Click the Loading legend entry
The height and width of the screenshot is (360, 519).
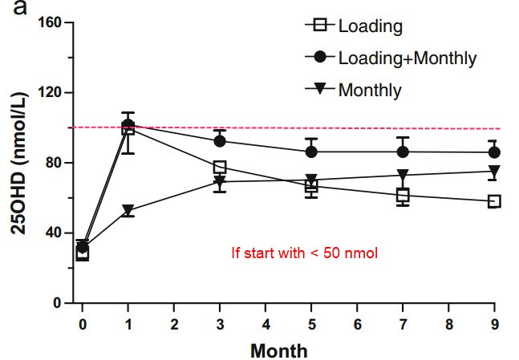pyautogui.click(x=370, y=26)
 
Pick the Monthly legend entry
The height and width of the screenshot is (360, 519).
pyautogui.click(x=369, y=89)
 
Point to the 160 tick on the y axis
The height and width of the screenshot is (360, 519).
pyautogui.click(x=52, y=22)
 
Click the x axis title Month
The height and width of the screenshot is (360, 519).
pyautogui.click(x=278, y=350)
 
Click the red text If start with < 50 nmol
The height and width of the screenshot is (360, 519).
pyautogui.click(x=304, y=253)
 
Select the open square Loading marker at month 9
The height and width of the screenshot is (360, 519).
pyautogui.click(x=493, y=201)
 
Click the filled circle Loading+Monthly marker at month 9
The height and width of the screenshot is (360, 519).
pyautogui.click(x=493, y=152)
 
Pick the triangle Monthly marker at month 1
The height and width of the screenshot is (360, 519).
pyautogui.click(x=128, y=211)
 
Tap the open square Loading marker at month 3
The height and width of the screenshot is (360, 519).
pyautogui.click(x=220, y=167)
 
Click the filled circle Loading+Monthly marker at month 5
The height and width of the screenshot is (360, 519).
pyautogui.click(x=311, y=152)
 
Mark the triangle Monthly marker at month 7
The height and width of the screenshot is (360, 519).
pyautogui.click(x=403, y=175)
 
